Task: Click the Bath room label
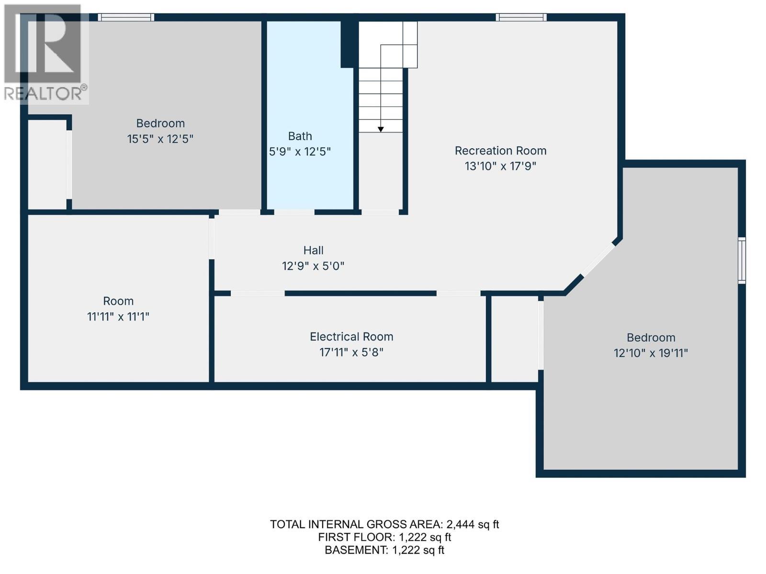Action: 300,136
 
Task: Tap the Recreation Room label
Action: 500,151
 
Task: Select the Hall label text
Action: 313,250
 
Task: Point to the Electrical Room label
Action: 351,337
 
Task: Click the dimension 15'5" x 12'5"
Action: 160,139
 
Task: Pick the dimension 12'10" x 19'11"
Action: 651,353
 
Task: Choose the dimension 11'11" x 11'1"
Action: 118,317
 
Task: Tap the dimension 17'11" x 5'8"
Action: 351,353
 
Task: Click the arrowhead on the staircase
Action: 381,129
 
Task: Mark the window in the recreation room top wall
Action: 521,17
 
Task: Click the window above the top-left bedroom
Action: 125,17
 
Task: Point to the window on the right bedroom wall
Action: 742,260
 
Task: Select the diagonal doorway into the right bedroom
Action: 599,259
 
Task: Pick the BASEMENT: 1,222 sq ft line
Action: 384,550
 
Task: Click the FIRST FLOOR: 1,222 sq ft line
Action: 384,537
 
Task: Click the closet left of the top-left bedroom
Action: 47,165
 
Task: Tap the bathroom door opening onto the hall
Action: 294,212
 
